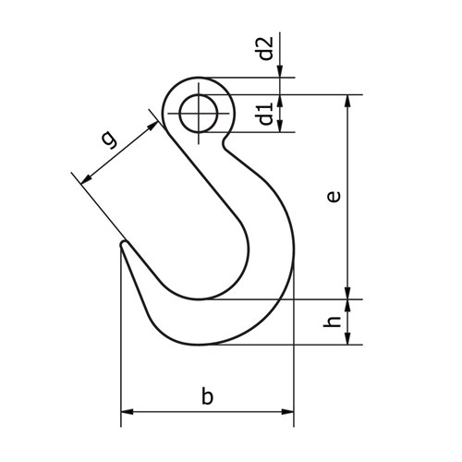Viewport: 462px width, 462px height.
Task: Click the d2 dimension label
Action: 266,48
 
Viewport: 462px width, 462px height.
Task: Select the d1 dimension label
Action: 266,115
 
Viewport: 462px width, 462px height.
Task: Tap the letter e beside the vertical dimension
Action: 334,196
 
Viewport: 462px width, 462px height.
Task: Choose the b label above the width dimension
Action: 208,397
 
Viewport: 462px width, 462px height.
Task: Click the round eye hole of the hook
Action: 201,115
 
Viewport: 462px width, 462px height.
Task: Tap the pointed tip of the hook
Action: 123,245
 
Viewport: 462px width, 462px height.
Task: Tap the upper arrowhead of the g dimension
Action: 151,123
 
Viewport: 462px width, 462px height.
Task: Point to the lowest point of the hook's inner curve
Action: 206,298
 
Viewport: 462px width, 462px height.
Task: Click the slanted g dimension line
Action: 118,150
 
